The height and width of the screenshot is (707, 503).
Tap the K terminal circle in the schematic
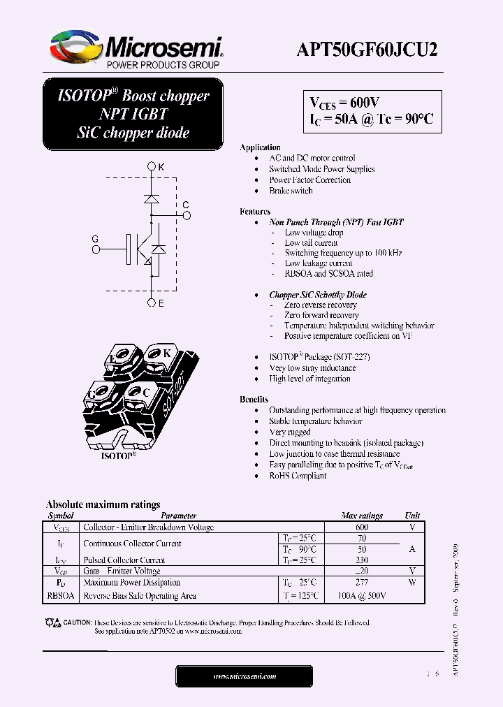pyautogui.click(x=152, y=167)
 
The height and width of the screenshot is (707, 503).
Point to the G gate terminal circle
pyautogui.click(x=96, y=248)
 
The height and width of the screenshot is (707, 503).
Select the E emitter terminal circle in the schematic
pyautogui.click(x=152, y=303)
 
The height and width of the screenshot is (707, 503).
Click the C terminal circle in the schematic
pyautogui.click(x=187, y=215)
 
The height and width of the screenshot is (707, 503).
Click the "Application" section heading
pyautogui.click(x=260, y=147)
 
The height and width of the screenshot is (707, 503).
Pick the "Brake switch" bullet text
pyautogui.click(x=291, y=191)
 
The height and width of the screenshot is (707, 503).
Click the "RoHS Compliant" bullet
pyautogui.click(x=298, y=476)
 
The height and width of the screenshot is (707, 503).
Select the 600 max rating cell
pyautogui.click(x=361, y=527)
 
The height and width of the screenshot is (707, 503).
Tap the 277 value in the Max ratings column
pyautogui.click(x=361, y=582)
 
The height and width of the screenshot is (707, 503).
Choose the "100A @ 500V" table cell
pyautogui.click(x=361, y=596)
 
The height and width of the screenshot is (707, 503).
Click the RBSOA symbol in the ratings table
pyautogui.click(x=61, y=596)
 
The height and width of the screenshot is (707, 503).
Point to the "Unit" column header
pyautogui.click(x=412, y=516)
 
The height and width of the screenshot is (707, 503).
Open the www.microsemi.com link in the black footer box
pyautogui.click(x=244, y=676)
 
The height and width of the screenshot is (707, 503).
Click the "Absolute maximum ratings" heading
pyautogui.click(x=103, y=504)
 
